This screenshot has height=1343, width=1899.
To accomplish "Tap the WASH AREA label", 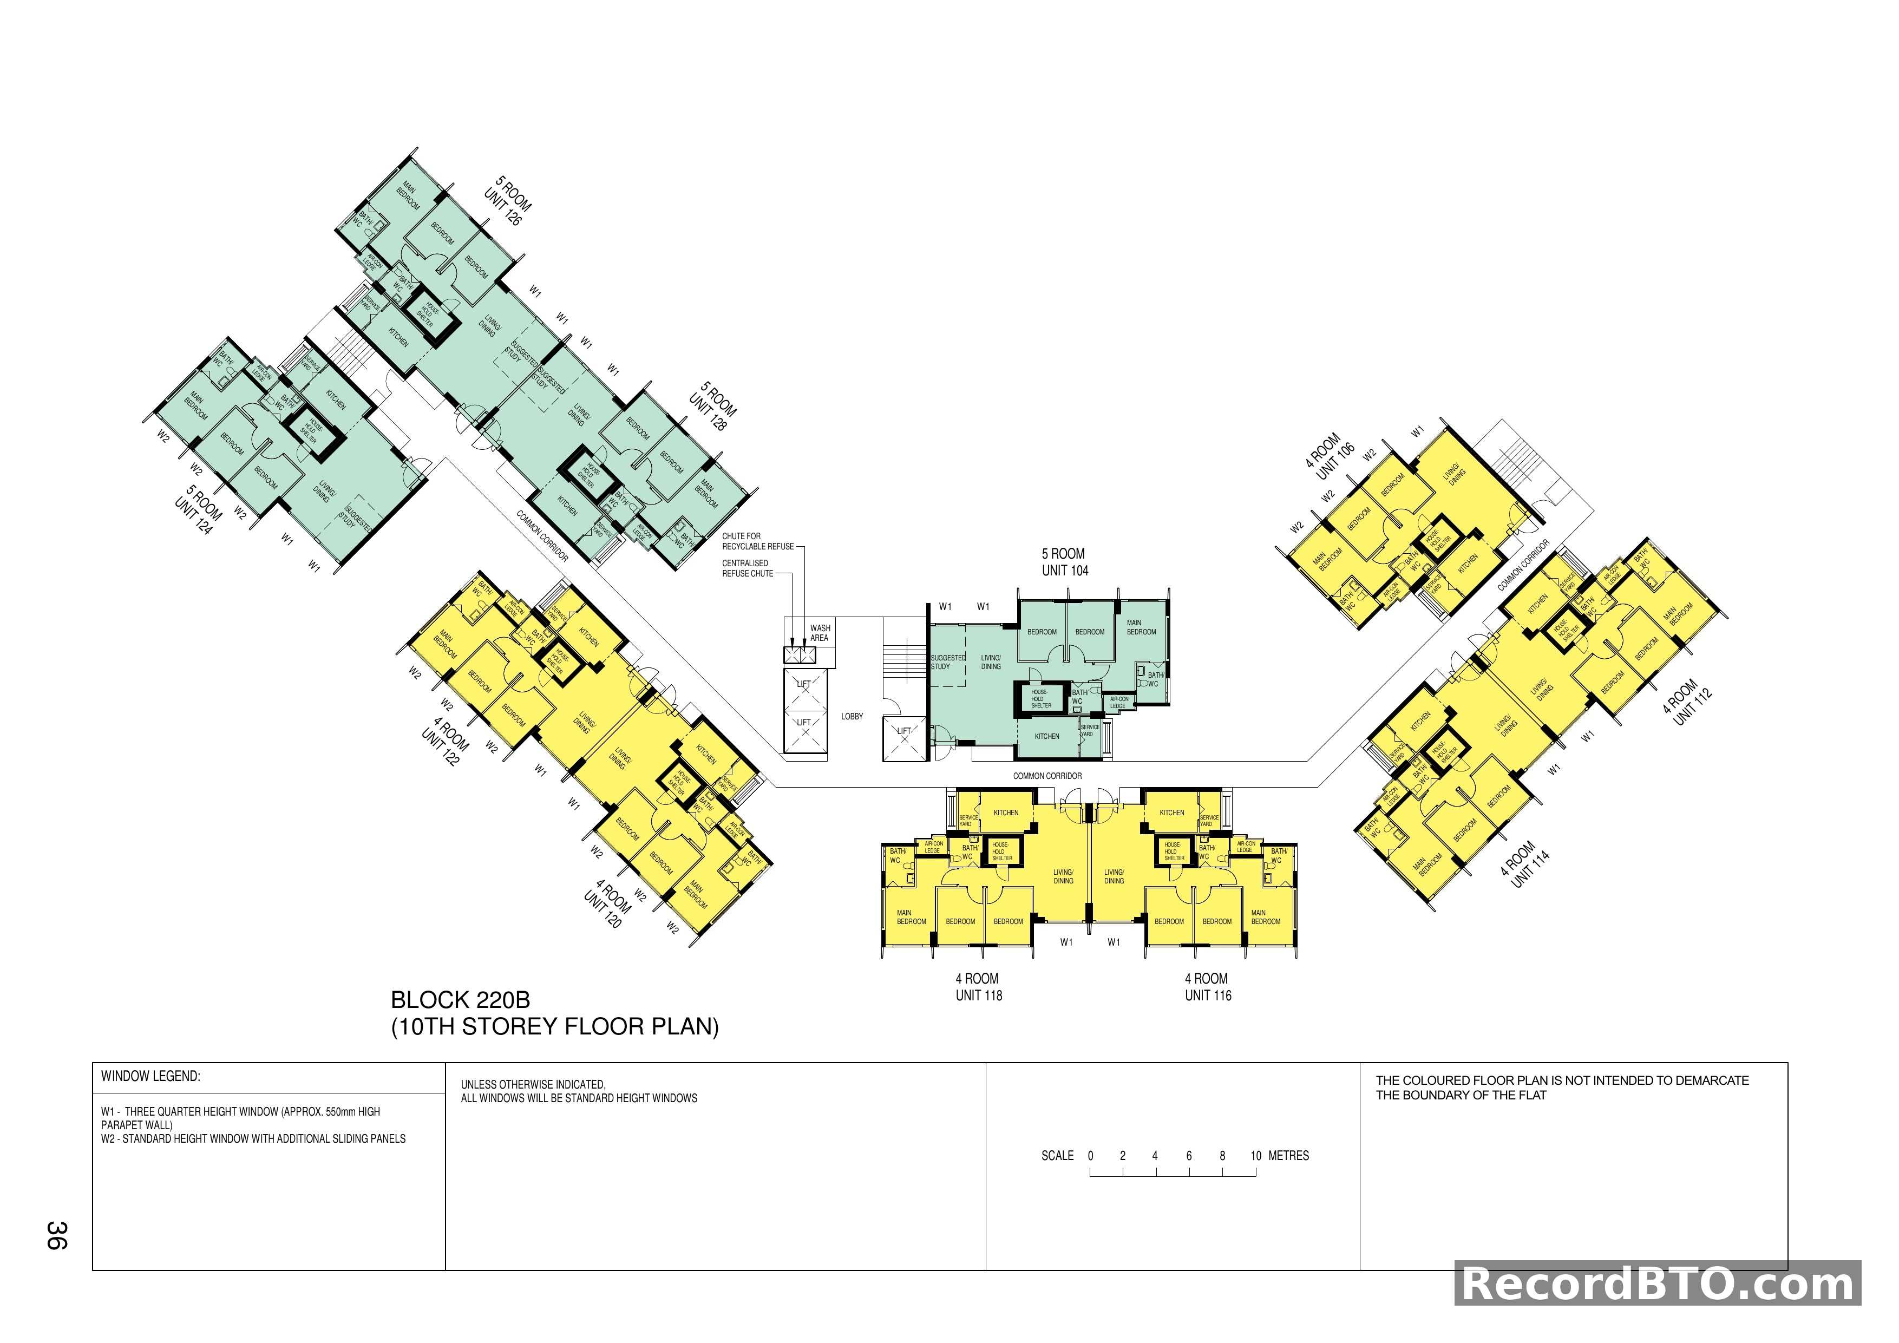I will pyautogui.click(x=819, y=633).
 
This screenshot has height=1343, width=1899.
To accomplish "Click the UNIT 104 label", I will pyautogui.click(x=1064, y=571).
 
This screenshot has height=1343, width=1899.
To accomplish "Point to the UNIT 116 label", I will pyautogui.click(x=1208, y=995).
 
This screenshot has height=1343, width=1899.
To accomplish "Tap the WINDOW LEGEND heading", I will pyautogui.click(x=150, y=1076).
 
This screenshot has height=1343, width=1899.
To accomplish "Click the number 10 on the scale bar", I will pyautogui.click(x=1255, y=1156).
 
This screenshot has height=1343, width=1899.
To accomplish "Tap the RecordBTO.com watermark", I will pyautogui.click(x=1658, y=1285).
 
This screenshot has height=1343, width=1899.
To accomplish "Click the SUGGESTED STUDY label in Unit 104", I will pyautogui.click(x=947, y=661).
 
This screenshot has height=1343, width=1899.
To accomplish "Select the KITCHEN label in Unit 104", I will pyautogui.click(x=1046, y=736).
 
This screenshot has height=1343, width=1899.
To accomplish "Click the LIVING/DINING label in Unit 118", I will pyautogui.click(x=1063, y=876).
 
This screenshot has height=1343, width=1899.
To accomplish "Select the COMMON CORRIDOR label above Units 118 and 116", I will pyautogui.click(x=1047, y=776).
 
